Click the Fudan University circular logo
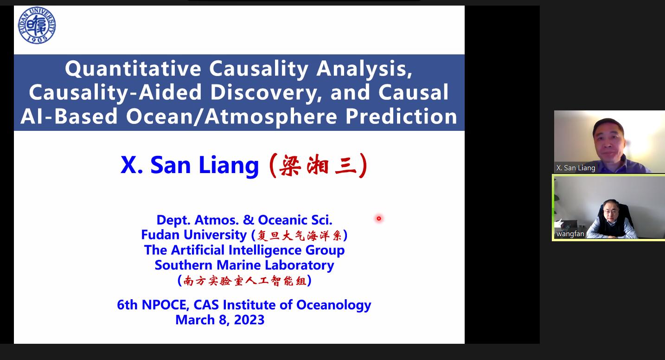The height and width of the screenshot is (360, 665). (x=37, y=25)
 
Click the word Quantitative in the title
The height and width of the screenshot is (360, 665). (x=133, y=69)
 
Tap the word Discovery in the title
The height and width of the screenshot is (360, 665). (x=266, y=93)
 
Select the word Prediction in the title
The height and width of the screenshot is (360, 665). (x=401, y=116)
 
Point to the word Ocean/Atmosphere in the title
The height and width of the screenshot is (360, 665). (x=231, y=116)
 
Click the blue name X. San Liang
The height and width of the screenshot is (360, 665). (x=190, y=165)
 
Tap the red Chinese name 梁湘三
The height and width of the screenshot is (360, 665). (x=318, y=166)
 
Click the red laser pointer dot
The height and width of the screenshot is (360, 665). (x=379, y=219)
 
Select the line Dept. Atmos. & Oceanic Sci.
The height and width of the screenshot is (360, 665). (x=244, y=220)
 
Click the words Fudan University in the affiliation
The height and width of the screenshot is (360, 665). (x=194, y=235)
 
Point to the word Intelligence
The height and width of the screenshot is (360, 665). (x=265, y=250)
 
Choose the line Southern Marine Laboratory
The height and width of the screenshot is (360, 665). (x=244, y=265)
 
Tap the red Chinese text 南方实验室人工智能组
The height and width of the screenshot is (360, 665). (x=245, y=281)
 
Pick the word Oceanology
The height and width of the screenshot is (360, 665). (x=334, y=305)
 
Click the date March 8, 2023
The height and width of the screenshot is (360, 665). (x=220, y=320)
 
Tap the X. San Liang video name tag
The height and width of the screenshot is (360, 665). (x=575, y=168)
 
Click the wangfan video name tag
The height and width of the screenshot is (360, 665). (x=570, y=234)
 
